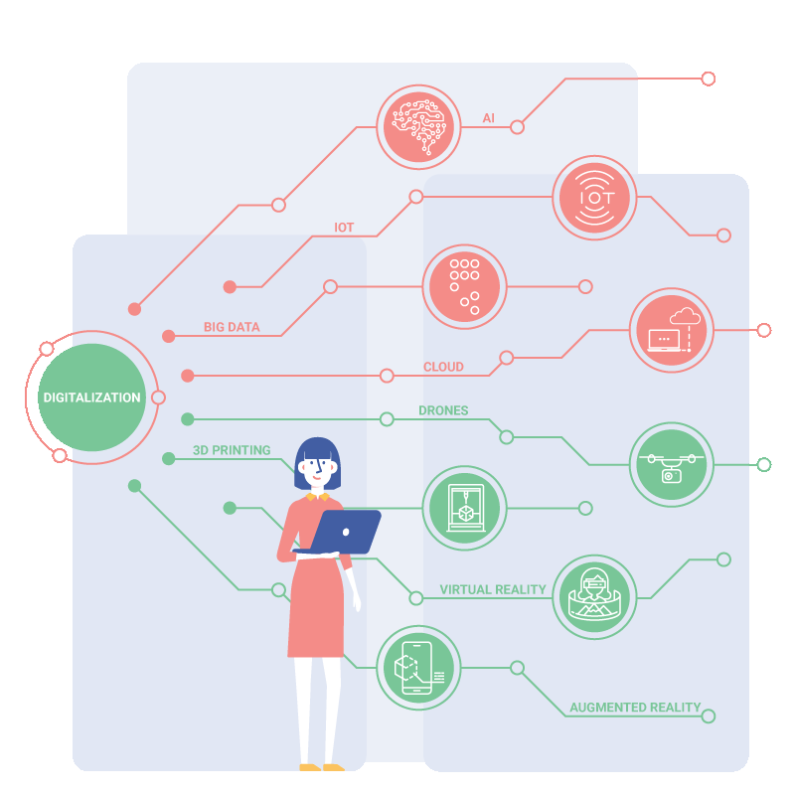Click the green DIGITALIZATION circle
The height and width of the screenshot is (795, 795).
tap(91, 397)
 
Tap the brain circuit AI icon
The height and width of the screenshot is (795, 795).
tap(418, 127)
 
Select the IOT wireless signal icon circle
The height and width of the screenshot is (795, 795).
tap(594, 198)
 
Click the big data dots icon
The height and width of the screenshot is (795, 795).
tap(464, 287)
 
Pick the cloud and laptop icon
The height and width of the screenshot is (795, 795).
tap(672, 331)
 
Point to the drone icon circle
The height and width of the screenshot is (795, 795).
tap(672, 465)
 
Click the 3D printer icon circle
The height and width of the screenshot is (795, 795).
tap(464, 508)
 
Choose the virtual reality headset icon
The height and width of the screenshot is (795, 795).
tap(594, 597)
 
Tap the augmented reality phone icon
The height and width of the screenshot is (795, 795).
tap(418, 668)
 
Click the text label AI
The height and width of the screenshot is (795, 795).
tap(488, 118)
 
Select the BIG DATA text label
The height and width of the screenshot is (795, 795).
tap(232, 327)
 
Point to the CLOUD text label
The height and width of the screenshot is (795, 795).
tap(443, 367)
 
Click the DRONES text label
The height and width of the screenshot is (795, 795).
tap(443, 410)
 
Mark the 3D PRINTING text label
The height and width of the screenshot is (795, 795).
tap(232, 450)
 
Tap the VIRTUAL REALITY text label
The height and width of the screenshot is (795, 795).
tap(493, 589)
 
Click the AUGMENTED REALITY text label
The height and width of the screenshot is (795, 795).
tap(635, 708)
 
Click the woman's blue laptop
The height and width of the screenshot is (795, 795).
tap(345, 532)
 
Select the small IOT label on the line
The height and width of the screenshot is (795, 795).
tap(344, 228)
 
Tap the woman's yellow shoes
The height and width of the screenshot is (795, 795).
tap(322, 767)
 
